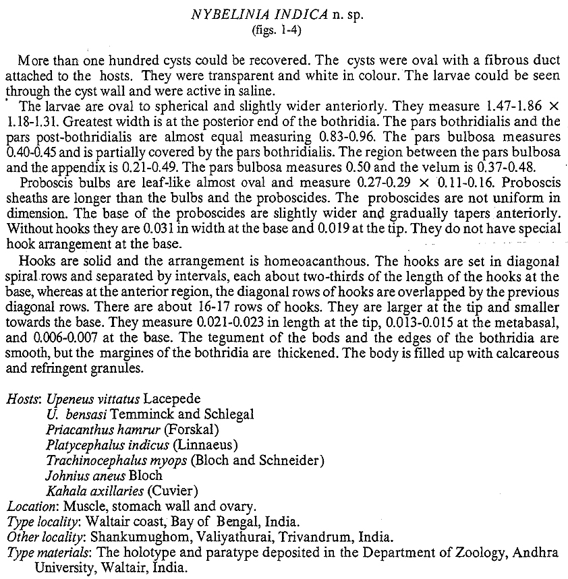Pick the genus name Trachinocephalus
pos(94,461)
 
